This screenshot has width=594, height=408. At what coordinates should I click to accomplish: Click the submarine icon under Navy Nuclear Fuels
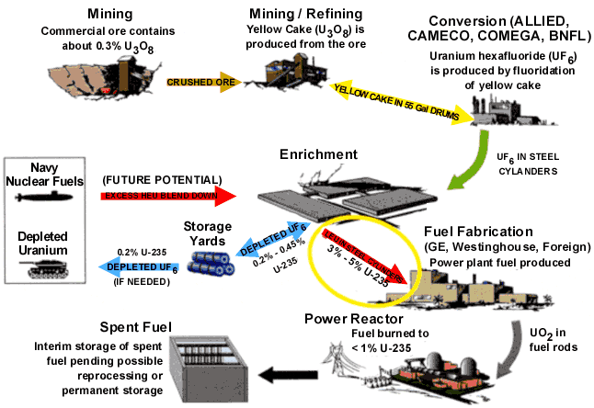coord(44,198)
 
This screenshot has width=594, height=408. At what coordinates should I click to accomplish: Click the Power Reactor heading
coord(350,319)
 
